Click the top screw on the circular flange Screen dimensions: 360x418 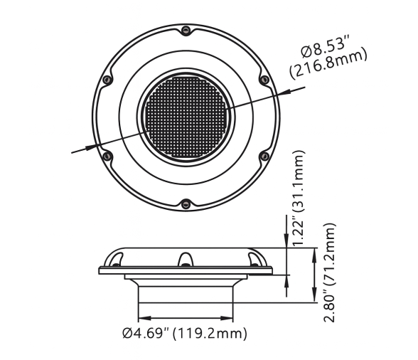click(x=186, y=30)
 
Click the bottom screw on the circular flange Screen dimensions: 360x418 click(x=185, y=204)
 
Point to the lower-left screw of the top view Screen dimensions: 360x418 click(x=108, y=155)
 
